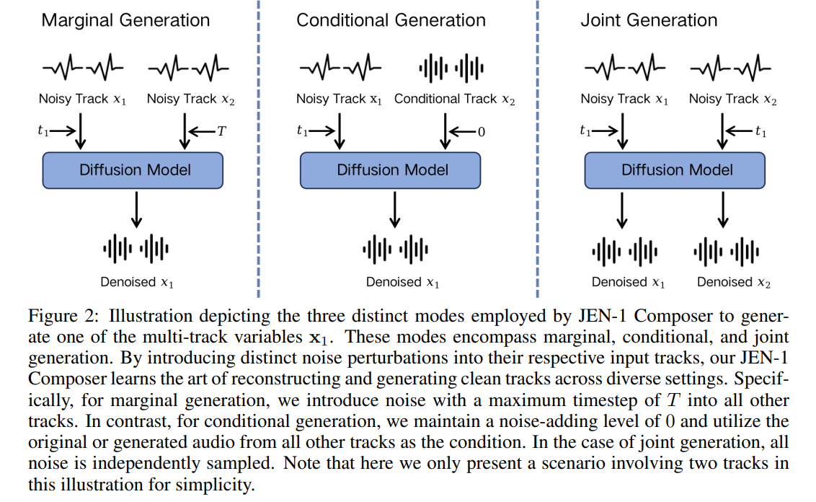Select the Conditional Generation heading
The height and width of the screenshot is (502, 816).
(x=391, y=19)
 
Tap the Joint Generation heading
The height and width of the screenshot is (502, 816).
(x=649, y=19)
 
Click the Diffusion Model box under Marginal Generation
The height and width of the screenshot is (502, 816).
(x=135, y=170)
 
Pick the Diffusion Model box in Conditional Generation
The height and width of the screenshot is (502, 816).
(x=392, y=170)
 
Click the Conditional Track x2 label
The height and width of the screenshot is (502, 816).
(x=454, y=99)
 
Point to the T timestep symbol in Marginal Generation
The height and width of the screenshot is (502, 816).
(x=221, y=131)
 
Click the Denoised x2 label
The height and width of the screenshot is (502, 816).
(x=734, y=282)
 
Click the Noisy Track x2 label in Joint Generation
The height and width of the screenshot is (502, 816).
(x=732, y=99)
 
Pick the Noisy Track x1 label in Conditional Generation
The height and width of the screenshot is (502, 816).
(x=339, y=99)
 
